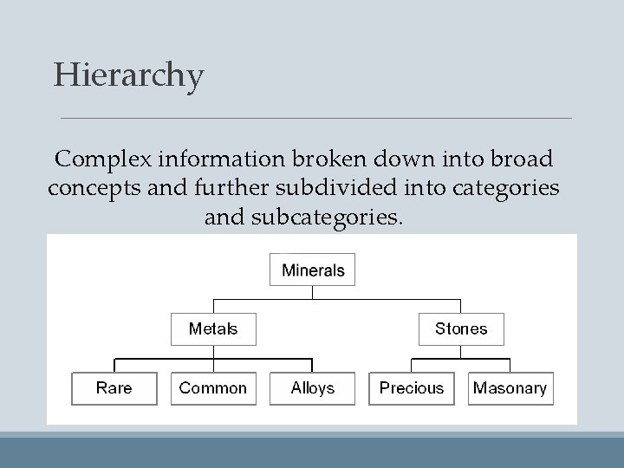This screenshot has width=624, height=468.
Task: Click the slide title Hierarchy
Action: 128,75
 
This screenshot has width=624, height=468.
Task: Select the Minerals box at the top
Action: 313,270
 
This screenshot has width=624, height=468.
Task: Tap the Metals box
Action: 213,328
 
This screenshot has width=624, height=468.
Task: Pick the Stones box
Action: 461,328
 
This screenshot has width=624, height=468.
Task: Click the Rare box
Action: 114,387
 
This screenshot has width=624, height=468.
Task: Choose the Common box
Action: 213,387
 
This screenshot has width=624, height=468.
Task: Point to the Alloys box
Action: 313,387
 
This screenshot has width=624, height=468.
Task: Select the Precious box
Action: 412,387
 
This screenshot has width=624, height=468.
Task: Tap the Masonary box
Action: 510,387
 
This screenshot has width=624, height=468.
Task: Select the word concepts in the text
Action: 88,188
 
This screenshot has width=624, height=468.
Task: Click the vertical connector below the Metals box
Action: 213,351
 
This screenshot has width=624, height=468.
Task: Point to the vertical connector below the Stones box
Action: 461,351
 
